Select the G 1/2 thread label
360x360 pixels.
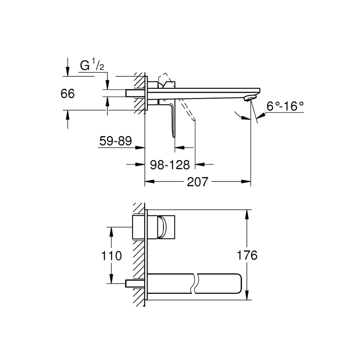coord(92,65)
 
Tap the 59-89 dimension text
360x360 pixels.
coord(115,141)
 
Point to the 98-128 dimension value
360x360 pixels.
coord(170,165)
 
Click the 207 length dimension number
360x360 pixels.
coord(198,182)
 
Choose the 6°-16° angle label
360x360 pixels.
coord(285,106)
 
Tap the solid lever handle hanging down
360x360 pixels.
coord(173,120)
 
